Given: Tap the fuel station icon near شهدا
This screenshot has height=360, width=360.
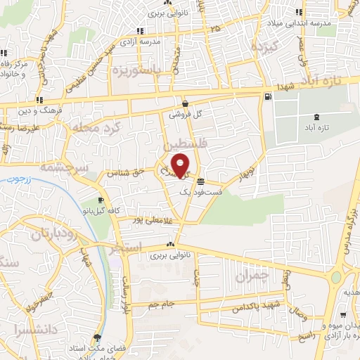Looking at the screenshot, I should pos(267,97).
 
